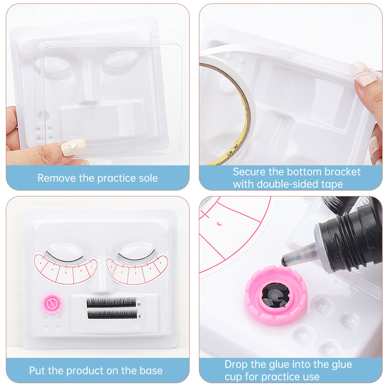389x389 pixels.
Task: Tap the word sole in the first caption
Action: click(148, 178)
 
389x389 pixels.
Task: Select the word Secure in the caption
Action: click(249, 172)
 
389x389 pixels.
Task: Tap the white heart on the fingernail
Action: click(72, 145)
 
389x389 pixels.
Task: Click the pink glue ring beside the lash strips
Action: click(52, 303)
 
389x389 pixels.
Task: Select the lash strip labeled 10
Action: click(112, 302)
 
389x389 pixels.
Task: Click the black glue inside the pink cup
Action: click(275, 295)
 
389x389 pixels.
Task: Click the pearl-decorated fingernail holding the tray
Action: click(363, 74)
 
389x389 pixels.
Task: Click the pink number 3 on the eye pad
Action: click(219, 224)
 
